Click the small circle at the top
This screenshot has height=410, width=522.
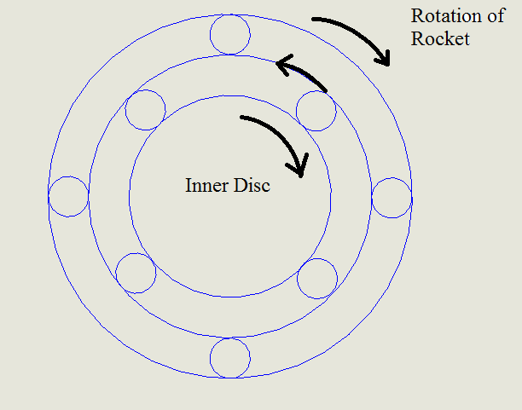230,35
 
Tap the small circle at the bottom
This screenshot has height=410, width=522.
230,358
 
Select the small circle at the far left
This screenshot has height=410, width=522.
68,196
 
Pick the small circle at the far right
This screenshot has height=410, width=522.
392,196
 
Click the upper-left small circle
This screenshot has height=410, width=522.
145,110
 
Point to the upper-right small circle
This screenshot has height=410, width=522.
316,110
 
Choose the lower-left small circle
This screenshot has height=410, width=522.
136,273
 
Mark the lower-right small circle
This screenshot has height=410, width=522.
317,277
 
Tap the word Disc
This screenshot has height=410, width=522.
252,185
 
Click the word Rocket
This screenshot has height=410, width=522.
440,38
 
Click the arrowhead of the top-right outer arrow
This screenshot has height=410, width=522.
385,59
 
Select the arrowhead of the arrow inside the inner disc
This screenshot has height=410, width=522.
299,169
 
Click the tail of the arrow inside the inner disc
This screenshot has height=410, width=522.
242,118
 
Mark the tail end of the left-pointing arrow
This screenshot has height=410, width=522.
326,89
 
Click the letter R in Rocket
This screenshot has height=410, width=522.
416,38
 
